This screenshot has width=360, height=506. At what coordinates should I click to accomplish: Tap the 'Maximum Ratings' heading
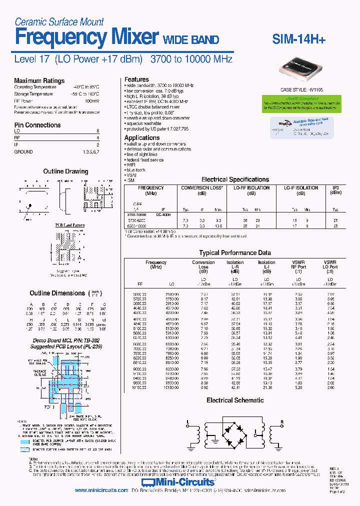[x=39, y=80]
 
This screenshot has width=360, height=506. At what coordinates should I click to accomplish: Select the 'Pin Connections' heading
[x=37, y=125]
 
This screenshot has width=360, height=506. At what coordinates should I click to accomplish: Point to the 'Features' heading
[x=136, y=79]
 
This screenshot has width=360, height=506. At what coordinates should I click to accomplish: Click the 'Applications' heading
[x=142, y=137]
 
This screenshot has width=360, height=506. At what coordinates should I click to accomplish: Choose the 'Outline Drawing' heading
[x=65, y=171]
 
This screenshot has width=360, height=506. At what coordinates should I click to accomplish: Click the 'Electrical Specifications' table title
[x=235, y=179]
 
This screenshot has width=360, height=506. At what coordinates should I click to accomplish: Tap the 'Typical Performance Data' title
[x=235, y=253]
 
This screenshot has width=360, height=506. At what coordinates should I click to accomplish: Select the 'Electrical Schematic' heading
[x=235, y=400]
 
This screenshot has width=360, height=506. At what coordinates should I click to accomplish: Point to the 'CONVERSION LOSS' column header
[x=201, y=188]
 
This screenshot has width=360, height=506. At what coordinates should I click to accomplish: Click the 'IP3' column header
[x=336, y=188]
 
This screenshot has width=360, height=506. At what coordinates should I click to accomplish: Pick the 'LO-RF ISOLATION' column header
[x=251, y=188]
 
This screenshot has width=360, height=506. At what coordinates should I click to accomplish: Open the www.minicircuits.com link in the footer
[x=101, y=490]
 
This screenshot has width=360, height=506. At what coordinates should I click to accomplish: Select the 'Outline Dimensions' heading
[x=57, y=293]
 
